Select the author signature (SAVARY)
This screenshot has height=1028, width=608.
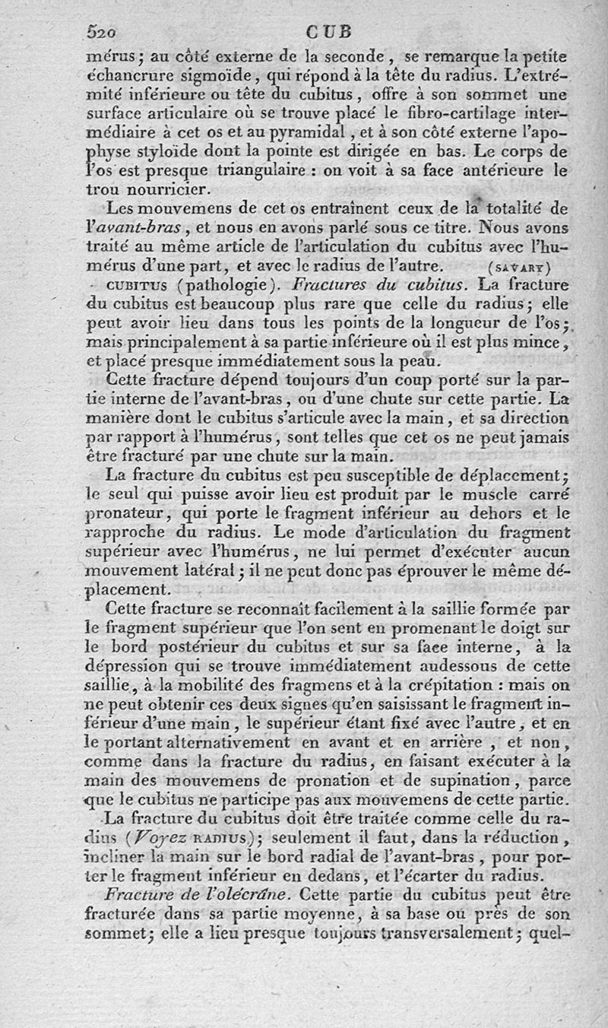coord(519,267)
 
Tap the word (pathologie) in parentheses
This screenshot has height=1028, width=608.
coord(221,286)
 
